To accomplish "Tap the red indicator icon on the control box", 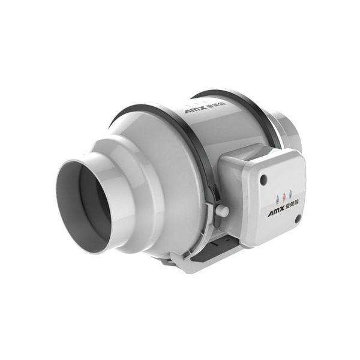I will click(284, 195).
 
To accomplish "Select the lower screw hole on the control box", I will click(297, 220).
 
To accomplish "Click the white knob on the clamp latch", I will click(222, 211).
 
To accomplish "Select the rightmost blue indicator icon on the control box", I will click(290, 194).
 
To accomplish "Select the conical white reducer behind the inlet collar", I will click(150, 174).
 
